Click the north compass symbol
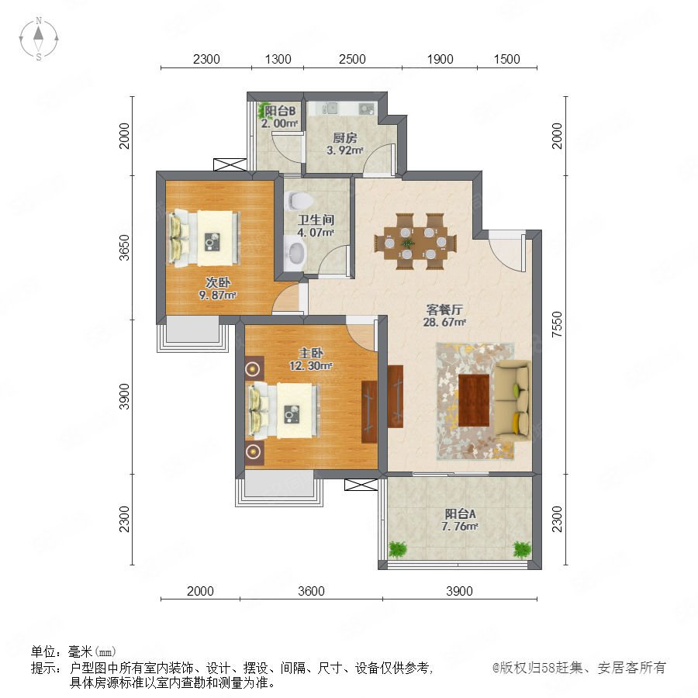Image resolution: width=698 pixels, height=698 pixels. [39, 39]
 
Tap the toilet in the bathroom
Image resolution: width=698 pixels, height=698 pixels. [297, 200]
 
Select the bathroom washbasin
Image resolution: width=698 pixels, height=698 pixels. [295, 253]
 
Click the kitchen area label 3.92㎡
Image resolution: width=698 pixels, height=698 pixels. [345, 150]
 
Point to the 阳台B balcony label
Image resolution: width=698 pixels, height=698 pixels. [280, 111]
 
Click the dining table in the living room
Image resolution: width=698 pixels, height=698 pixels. [416, 242]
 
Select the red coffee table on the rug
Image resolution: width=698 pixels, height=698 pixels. [474, 400]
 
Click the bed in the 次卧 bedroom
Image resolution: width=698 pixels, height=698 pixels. [204, 239]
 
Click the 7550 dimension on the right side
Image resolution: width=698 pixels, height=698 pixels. [557, 324]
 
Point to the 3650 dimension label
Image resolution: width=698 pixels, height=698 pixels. [124, 247]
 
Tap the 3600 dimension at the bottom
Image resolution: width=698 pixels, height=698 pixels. [311, 591]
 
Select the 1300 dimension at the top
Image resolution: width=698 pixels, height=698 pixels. [278, 59]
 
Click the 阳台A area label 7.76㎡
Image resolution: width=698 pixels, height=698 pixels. [460, 527]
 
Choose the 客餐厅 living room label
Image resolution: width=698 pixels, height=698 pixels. [444, 309]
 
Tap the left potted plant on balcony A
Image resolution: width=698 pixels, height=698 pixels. [398, 549]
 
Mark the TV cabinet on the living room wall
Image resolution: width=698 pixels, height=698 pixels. [396, 396]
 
